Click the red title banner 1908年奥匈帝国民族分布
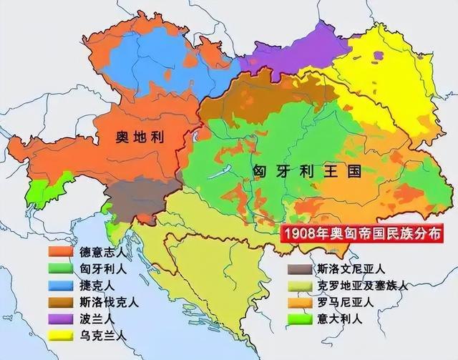pos(361,233)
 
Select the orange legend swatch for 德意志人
pos(61,253)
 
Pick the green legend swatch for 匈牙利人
pos(61,269)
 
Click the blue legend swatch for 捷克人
pos(61,285)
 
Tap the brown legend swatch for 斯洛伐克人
pos(61,301)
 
